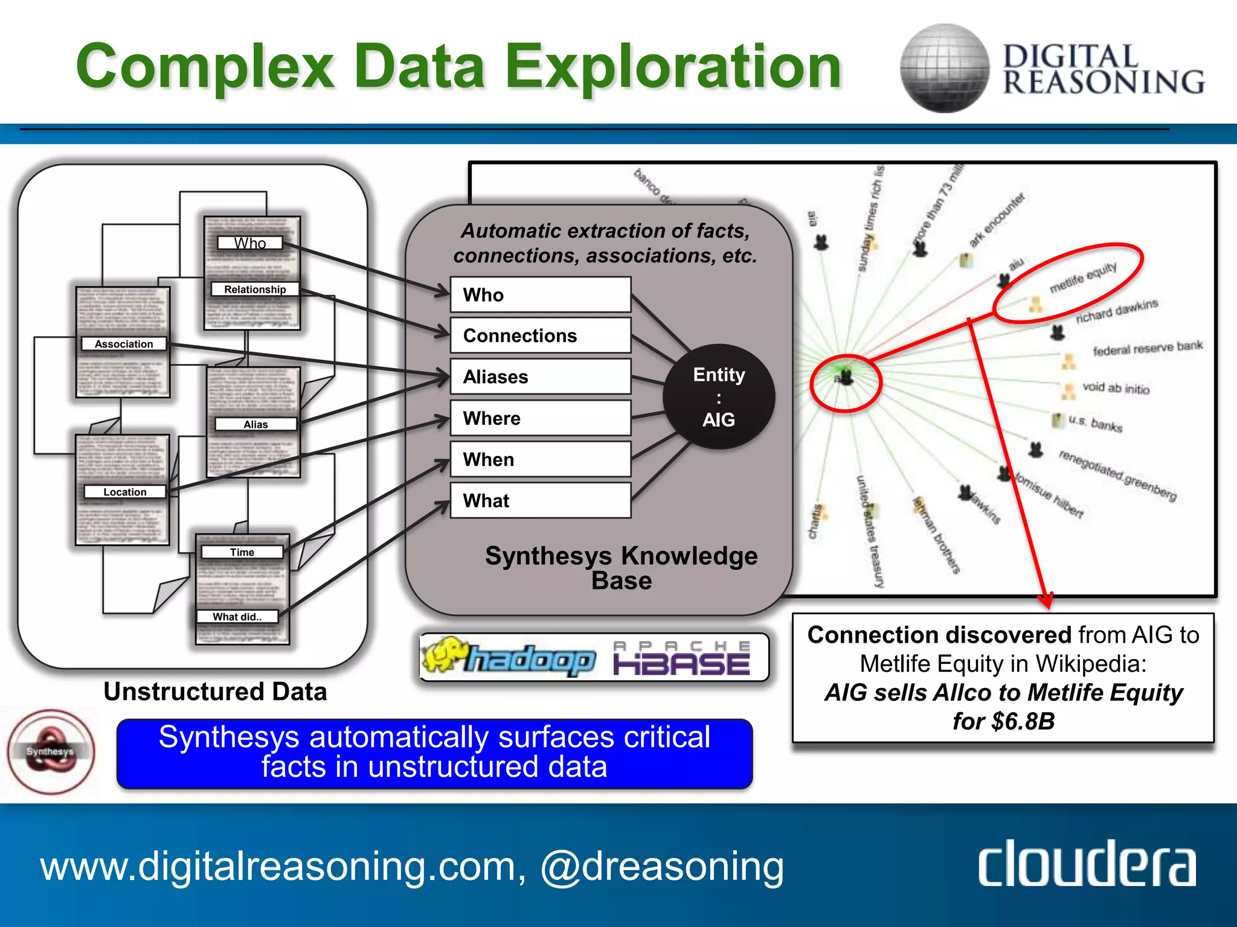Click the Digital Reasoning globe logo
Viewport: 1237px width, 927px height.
(x=944, y=68)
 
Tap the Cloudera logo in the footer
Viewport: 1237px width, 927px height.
(x=1087, y=864)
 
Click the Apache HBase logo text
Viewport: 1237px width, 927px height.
(x=681, y=659)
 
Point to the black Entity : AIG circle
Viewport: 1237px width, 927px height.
(x=719, y=397)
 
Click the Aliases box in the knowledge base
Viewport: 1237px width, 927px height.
(x=540, y=377)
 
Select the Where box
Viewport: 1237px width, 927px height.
(x=540, y=418)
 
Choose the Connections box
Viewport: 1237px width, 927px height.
(x=540, y=336)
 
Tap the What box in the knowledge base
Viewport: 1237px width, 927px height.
(x=540, y=500)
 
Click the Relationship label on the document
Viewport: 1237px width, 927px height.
(x=255, y=290)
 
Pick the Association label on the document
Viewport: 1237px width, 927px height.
(x=124, y=344)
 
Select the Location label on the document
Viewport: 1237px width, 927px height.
(x=124, y=492)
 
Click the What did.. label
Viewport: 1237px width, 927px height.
(x=237, y=617)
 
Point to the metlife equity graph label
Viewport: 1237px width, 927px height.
(x=1083, y=278)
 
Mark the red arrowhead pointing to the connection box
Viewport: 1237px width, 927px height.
(x=1046, y=600)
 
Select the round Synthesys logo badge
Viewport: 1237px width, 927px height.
(x=51, y=751)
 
